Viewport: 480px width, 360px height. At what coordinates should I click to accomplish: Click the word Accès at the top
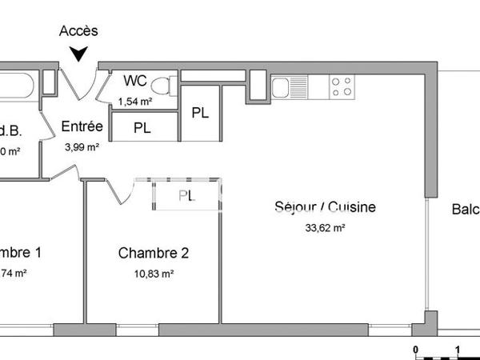78,31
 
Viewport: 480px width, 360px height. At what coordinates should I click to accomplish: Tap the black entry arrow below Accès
78,54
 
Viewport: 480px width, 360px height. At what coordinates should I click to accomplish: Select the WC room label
135,81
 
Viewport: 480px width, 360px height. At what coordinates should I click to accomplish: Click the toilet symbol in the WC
163,84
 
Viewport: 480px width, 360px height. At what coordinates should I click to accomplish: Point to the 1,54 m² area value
135,102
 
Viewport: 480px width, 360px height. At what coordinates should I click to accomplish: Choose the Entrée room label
82,126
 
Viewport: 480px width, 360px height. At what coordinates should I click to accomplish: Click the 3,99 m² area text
82,146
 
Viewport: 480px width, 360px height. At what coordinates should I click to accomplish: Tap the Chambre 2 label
154,254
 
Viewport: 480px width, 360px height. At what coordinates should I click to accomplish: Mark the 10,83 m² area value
154,274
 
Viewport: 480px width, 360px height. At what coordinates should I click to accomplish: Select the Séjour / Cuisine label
325,208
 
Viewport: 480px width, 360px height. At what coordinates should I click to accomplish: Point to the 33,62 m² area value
325,228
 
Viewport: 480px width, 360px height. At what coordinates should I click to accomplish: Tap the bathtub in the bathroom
17,83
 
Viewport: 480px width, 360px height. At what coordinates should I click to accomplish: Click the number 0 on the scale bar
415,350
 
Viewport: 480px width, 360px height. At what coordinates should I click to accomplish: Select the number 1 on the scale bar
457,350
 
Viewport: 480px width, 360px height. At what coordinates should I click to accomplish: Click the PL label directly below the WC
142,127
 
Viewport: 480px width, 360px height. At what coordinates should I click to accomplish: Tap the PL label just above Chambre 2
186,195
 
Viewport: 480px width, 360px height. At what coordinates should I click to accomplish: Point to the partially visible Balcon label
465,210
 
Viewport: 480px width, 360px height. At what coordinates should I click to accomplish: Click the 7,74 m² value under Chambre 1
14,274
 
